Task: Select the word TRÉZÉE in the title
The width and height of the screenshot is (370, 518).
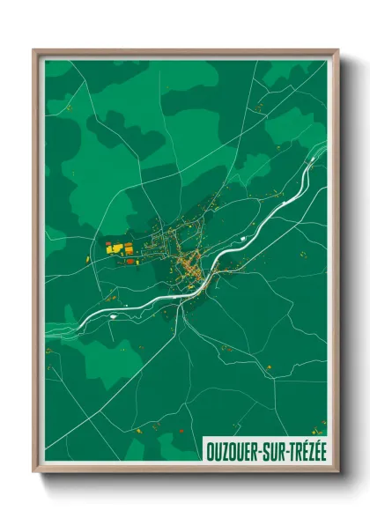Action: click(x=308, y=448)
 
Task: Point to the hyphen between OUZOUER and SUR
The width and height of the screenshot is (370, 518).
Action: click(x=261, y=449)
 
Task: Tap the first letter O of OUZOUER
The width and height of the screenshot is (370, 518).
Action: click(x=210, y=448)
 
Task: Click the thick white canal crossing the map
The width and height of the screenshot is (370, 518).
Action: click(x=264, y=219)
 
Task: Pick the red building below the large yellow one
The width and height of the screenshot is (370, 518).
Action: click(x=129, y=262)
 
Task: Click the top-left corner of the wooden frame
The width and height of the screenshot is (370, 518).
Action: click(x=34, y=51)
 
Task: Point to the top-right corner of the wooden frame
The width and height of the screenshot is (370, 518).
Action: click(x=337, y=51)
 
